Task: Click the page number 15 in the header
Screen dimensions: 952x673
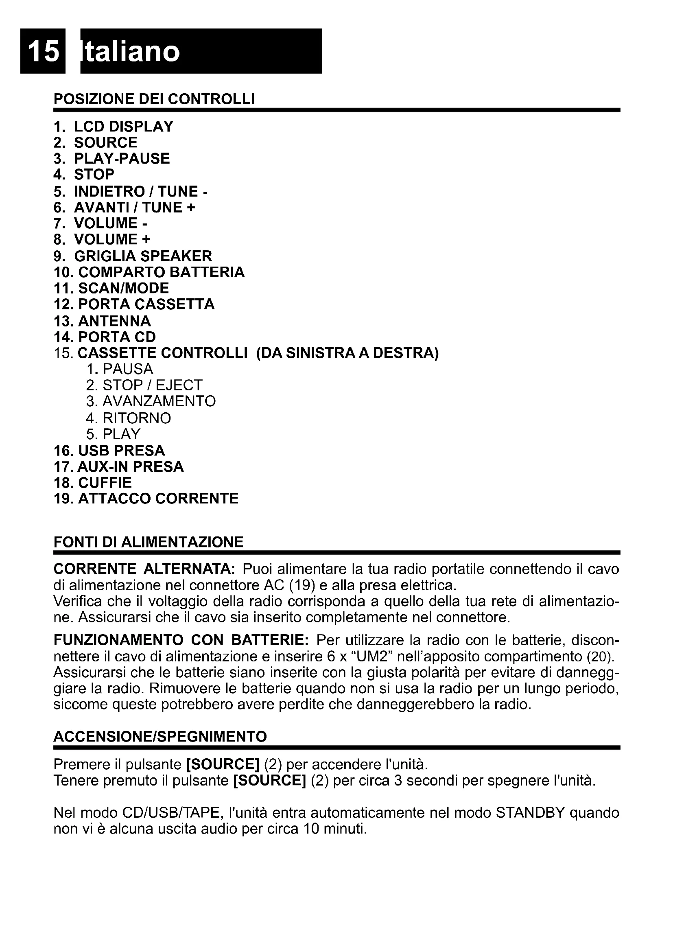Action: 43,51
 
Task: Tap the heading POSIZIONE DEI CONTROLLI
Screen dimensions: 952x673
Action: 154,99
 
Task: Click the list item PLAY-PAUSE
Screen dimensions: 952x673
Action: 121,159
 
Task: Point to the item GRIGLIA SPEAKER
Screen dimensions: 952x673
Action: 142,256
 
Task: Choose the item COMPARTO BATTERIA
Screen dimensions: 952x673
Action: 161,272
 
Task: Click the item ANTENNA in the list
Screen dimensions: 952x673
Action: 114,321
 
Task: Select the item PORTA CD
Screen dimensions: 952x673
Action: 117,337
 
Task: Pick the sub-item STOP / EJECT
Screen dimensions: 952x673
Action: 152,385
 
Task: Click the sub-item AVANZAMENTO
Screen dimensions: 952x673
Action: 159,401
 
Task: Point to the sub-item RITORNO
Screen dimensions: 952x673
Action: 136,418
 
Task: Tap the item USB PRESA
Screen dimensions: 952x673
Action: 121,451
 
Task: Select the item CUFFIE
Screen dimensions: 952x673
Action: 105,483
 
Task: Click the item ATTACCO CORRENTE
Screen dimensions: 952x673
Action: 158,499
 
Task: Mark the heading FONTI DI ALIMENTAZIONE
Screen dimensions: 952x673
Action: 149,542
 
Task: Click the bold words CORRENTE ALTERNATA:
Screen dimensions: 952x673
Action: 144,569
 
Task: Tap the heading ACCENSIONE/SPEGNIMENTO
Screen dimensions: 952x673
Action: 160,737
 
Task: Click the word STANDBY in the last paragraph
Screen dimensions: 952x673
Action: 530,813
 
